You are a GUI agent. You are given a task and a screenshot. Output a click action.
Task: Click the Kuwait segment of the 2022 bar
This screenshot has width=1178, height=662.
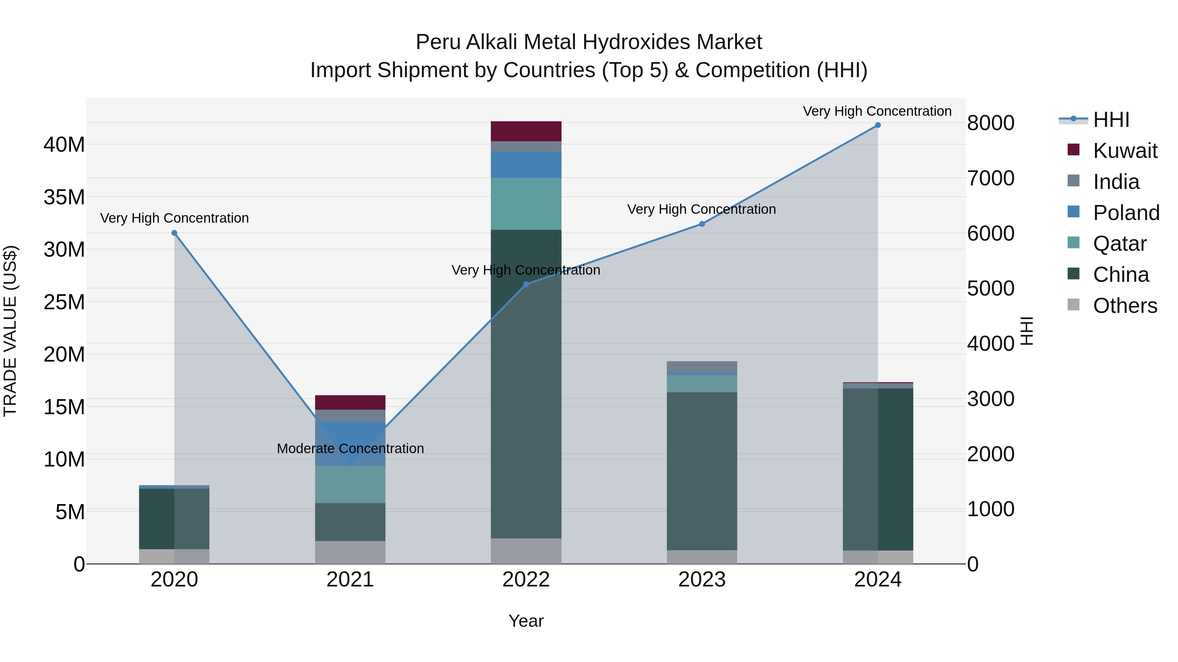(526, 131)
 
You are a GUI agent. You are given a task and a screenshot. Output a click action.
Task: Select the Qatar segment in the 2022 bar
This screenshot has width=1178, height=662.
(526, 203)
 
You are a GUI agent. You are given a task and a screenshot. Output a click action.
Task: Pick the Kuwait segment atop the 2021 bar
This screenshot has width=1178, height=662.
(350, 402)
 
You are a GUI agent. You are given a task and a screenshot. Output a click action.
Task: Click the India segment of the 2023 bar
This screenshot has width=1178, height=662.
(702, 366)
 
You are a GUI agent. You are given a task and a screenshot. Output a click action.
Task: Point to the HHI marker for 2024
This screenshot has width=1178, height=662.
(878, 125)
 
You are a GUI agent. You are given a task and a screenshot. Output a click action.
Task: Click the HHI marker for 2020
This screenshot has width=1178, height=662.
(174, 233)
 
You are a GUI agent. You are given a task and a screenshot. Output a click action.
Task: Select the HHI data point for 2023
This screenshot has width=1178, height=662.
(702, 224)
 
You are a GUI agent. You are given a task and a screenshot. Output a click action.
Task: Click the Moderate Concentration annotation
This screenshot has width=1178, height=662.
(350, 449)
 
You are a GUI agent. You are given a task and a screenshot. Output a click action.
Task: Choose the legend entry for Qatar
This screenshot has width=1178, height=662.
(1119, 244)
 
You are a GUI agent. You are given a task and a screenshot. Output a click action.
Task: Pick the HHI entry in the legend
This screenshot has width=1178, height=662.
(1111, 120)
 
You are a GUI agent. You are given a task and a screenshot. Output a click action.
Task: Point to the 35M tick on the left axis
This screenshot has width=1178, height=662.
(64, 197)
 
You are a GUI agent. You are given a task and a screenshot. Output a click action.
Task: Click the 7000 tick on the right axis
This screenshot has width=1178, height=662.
(991, 178)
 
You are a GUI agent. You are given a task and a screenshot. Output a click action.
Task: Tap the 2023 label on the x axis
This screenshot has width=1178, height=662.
(702, 580)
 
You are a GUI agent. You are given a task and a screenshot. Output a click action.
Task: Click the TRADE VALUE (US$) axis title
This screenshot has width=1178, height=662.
(10, 331)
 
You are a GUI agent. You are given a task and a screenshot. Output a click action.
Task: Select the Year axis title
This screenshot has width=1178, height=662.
(526, 621)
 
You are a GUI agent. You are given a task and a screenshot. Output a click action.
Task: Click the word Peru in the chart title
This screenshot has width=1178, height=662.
(437, 42)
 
